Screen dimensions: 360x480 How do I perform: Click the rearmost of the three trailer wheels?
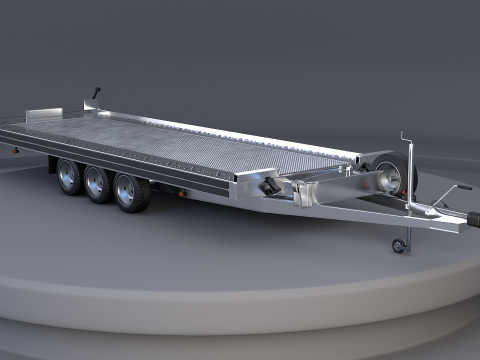pyautogui.click(x=69, y=177)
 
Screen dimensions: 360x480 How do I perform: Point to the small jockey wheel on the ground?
pyautogui.click(x=400, y=245)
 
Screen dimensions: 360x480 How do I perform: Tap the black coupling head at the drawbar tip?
pyautogui.click(x=471, y=216)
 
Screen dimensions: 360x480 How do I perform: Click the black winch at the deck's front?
pyautogui.click(x=270, y=187)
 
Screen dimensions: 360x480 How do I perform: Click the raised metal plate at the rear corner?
pyautogui.click(x=44, y=114)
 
